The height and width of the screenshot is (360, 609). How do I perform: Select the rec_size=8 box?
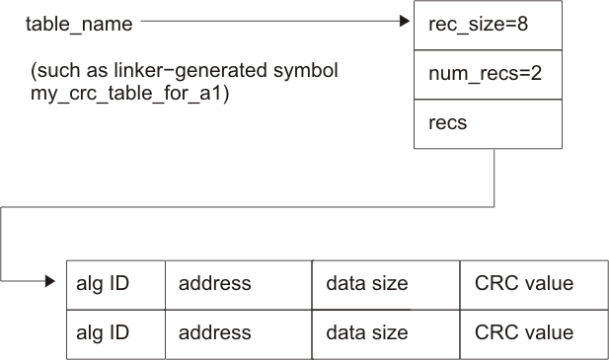487,24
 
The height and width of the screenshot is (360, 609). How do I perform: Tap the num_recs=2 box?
487,74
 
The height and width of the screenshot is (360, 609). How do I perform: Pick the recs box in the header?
487,124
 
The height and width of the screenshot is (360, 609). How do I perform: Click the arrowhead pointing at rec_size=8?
406,19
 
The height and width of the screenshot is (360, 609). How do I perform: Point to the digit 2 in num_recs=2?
535,74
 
